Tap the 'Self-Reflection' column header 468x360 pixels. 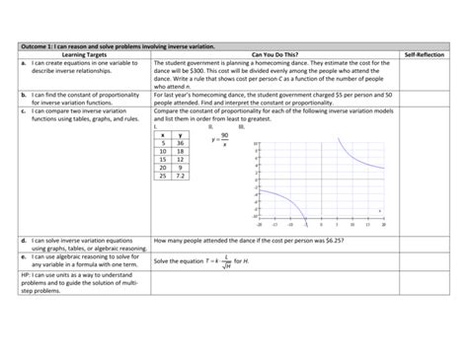click(x=425, y=53)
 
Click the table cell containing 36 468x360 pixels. click(x=181, y=143)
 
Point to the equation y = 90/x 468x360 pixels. click(x=222, y=141)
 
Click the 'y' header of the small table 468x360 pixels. click(x=181, y=133)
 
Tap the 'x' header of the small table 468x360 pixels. click(x=162, y=133)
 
